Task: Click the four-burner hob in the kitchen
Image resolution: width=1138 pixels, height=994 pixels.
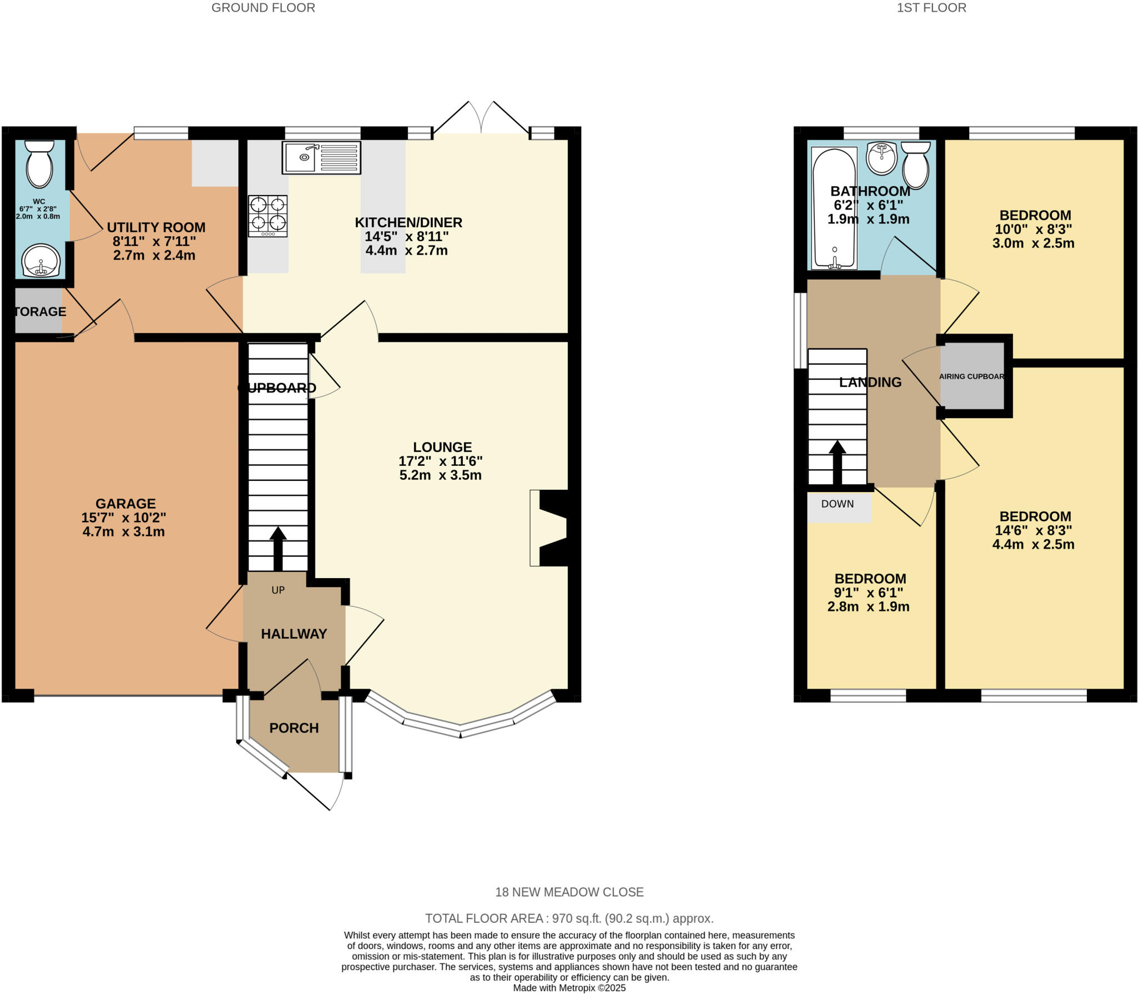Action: pos(268,216)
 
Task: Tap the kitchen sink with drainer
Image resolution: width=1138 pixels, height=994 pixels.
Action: pos(321,157)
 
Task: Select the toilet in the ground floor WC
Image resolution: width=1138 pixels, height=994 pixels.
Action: pos(39,163)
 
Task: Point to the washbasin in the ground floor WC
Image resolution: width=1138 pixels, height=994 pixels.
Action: pos(41,261)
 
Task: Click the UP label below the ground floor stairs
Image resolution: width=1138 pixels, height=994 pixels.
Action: pos(278,590)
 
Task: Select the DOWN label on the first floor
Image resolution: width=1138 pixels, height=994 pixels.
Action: pos(837,504)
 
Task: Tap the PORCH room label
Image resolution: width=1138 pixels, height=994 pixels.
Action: pos(294,728)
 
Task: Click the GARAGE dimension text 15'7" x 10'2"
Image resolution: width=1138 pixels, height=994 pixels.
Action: pos(123,518)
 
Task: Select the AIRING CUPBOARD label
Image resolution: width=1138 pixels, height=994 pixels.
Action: pos(971,376)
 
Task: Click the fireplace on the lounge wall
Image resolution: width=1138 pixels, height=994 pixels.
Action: pos(550,528)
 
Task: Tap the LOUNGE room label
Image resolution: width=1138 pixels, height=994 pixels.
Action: pos(442,447)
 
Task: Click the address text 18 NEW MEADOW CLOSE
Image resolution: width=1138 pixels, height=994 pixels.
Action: pos(569,892)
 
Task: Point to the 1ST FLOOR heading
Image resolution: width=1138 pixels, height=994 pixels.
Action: pos(931,8)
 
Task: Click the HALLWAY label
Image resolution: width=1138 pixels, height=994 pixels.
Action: pos(294,634)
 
